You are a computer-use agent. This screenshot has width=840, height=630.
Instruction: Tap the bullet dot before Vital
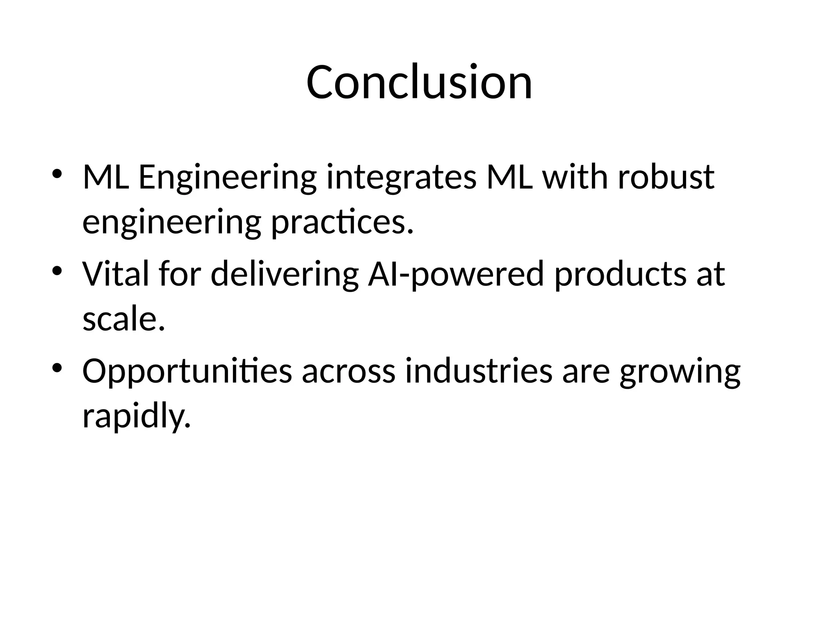57,271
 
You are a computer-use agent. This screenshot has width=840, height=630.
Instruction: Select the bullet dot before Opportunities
57,367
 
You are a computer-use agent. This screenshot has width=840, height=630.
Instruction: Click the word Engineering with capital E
228,178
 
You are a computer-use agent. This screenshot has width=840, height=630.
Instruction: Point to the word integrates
402,178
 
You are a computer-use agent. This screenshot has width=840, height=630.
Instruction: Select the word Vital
116,274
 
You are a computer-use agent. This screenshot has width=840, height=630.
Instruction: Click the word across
349,371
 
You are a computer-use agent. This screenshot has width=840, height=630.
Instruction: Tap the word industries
479,370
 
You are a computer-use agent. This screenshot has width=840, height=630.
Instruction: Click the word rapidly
137,416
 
